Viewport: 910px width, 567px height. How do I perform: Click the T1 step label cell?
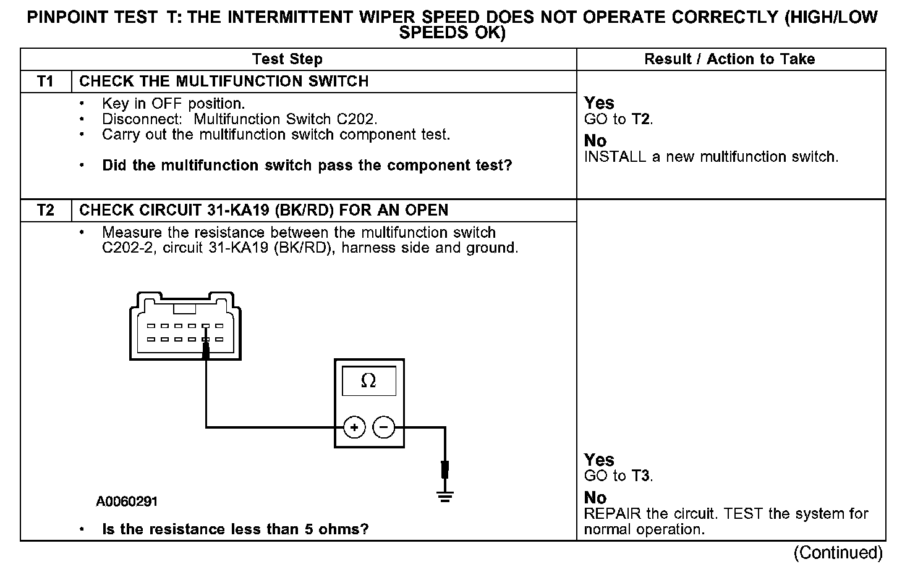(46, 82)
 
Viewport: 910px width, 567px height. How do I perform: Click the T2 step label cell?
(46, 211)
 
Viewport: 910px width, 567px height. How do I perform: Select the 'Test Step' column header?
(287, 59)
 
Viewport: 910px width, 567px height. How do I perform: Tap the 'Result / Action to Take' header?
(729, 59)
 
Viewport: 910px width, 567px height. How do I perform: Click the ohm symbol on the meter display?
(368, 381)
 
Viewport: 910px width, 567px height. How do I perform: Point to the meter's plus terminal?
(354, 427)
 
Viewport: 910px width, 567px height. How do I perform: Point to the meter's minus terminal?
(384, 427)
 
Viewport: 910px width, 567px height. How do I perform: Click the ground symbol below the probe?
(444, 495)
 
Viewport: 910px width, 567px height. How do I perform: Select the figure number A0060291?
(127, 502)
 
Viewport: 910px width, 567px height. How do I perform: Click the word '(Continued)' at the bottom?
(838, 552)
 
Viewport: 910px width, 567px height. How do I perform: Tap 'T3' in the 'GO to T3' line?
(640, 476)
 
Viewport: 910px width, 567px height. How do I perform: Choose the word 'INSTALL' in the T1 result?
(615, 157)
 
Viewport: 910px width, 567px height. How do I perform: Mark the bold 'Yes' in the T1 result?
(599, 103)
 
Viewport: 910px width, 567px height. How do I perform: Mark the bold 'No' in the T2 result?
(595, 498)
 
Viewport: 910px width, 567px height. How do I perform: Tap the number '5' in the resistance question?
(309, 530)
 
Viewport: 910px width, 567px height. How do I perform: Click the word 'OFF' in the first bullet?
(167, 104)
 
